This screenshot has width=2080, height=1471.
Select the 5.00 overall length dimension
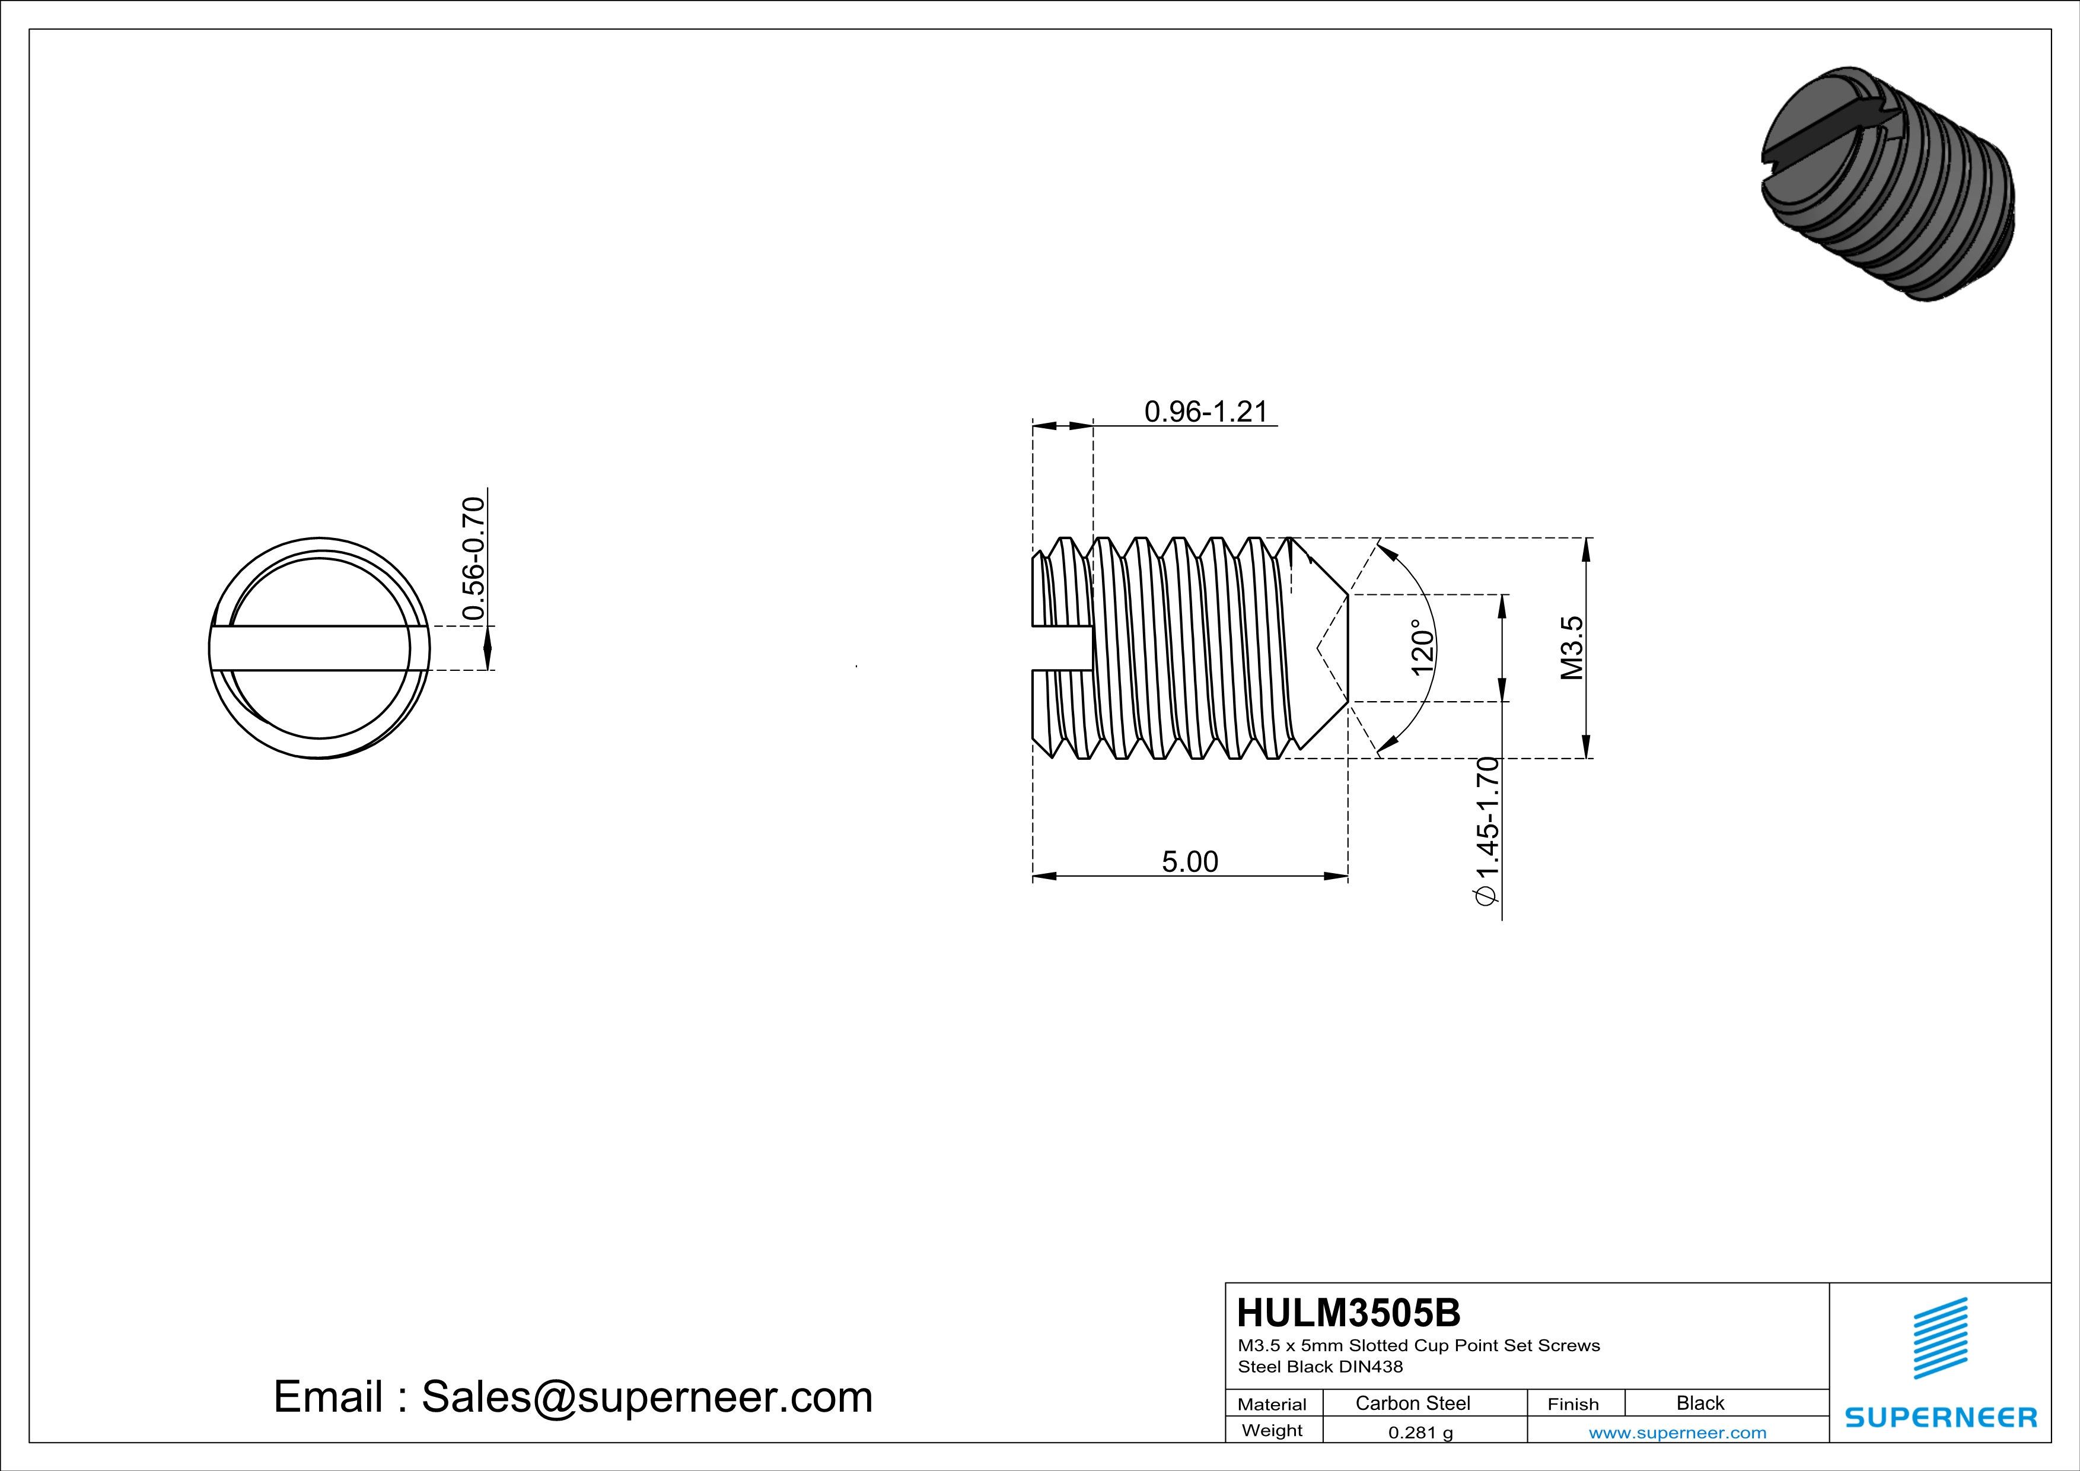point(1190,861)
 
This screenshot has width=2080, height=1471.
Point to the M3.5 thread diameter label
point(1572,648)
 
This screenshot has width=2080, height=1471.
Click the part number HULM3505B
point(1348,1313)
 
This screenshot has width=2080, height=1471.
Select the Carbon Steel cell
point(1412,1403)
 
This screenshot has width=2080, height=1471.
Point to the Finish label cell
point(1573,1404)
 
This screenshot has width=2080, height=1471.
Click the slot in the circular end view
point(319,648)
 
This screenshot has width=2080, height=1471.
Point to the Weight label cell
point(1272,1430)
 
